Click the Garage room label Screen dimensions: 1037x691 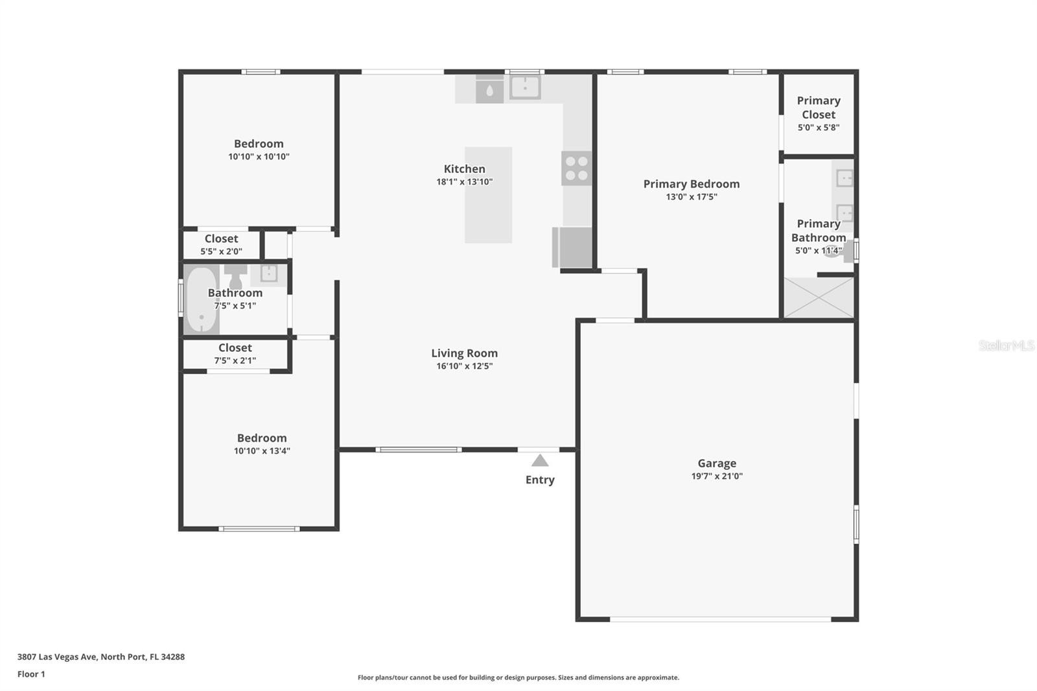pos(717,463)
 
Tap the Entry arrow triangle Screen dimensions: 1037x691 pos(540,461)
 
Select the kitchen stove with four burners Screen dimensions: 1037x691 pos(576,169)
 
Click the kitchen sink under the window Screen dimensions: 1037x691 pos(525,87)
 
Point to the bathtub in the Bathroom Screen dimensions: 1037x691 pos(202,299)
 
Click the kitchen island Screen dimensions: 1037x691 pos(489,195)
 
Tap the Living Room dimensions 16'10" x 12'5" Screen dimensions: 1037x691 pos(464,366)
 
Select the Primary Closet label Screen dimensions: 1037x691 pos(819,108)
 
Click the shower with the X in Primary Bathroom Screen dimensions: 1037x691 pos(819,298)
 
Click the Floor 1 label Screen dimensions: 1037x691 pos(32,674)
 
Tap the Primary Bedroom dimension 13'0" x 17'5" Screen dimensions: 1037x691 pos(692,197)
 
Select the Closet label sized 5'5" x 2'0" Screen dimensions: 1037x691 pos(221,239)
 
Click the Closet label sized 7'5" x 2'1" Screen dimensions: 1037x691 pos(235,348)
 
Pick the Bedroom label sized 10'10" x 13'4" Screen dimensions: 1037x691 pos(262,438)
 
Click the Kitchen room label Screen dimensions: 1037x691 pos(464,169)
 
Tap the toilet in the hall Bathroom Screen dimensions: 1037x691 pos(236,277)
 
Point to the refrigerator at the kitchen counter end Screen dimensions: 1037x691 pos(572,248)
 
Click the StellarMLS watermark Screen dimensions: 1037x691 pos(1007,345)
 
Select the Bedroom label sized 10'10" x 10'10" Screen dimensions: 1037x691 pos(259,143)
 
